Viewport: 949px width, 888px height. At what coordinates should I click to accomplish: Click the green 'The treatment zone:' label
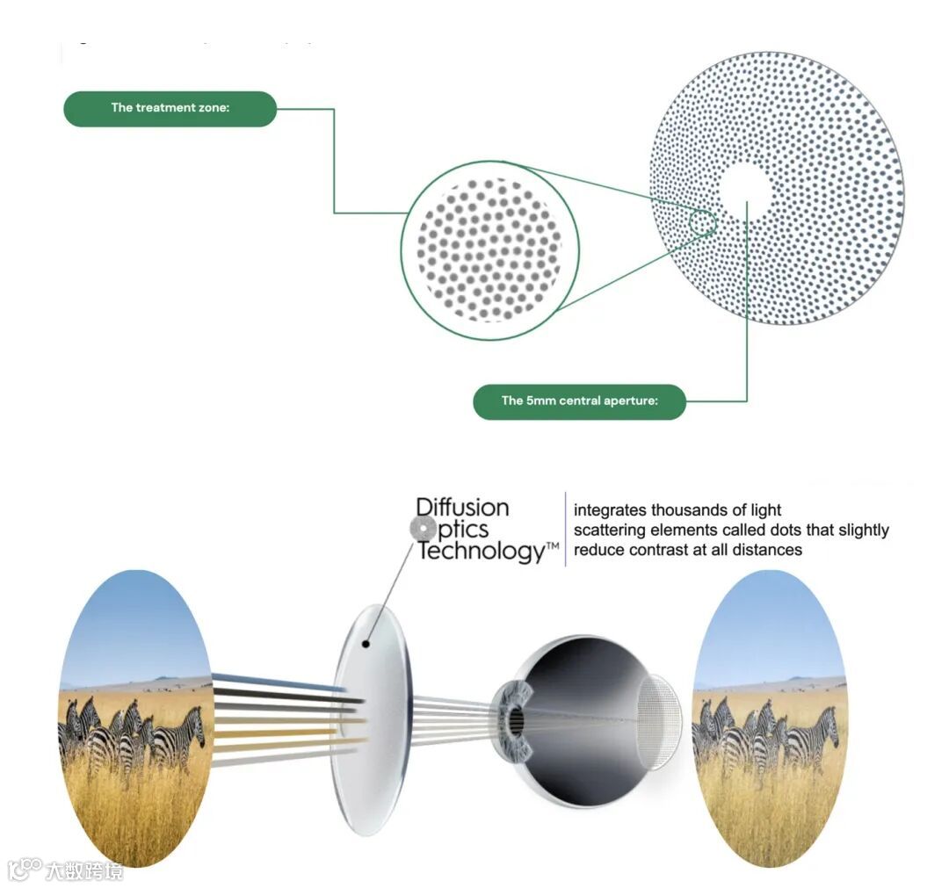click(x=170, y=109)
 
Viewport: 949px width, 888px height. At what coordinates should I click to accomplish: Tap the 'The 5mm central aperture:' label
click(x=579, y=401)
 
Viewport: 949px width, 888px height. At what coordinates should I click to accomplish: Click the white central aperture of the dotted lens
click(x=744, y=188)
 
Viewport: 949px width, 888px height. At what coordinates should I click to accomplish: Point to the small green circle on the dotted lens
click(x=702, y=222)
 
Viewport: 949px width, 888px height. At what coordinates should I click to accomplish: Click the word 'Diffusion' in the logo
click(x=462, y=508)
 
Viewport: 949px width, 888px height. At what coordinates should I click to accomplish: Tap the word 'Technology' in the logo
click(x=482, y=552)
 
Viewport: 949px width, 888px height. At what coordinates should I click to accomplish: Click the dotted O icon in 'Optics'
click(x=424, y=529)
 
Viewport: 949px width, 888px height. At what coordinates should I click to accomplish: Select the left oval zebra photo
click(x=135, y=718)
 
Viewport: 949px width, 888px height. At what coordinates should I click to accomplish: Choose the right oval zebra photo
click(x=770, y=718)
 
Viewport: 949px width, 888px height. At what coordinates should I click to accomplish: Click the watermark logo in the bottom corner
click(x=66, y=870)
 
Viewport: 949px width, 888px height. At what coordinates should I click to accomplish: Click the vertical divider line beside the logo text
click(x=565, y=529)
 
